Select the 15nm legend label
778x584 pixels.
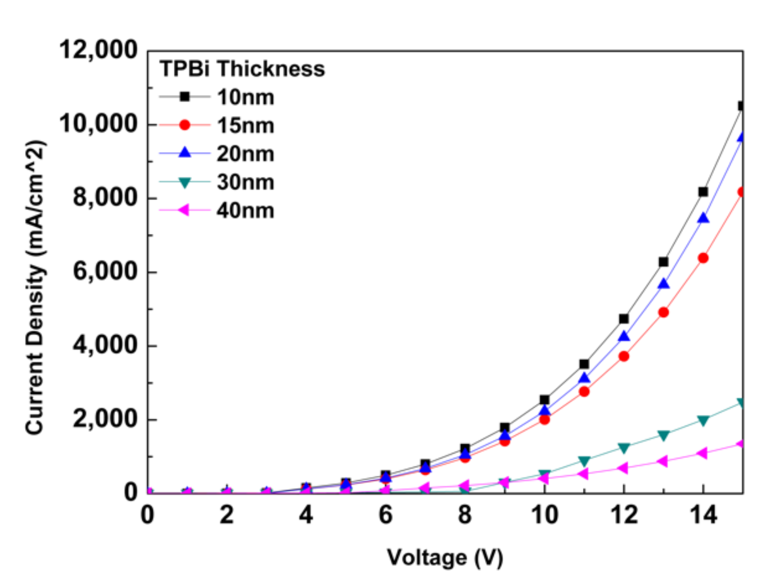click(x=245, y=126)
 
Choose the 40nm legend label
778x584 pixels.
click(x=245, y=211)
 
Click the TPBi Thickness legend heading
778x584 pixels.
click(x=242, y=69)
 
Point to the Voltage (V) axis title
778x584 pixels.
click(x=445, y=557)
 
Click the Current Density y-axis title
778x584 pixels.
click(x=35, y=287)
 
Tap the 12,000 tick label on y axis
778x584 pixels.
click(x=98, y=50)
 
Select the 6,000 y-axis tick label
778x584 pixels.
click(x=105, y=272)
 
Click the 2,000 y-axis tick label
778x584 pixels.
click(x=105, y=419)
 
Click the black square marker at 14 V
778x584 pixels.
click(x=703, y=192)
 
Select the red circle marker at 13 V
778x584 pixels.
click(x=663, y=312)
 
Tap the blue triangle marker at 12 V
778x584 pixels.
click(x=624, y=337)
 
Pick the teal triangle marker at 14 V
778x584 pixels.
click(x=703, y=420)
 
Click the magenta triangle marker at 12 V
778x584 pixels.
click(x=623, y=468)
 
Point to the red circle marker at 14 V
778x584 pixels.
click(x=703, y=258)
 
